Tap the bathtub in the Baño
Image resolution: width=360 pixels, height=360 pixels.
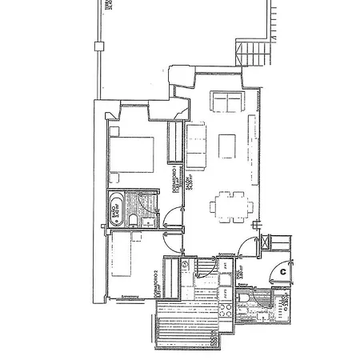point(118,209)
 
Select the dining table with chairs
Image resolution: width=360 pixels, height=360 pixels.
point(228,206)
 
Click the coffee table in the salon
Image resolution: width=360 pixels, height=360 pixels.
point(227,144)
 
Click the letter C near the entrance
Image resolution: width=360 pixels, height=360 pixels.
point(282,273)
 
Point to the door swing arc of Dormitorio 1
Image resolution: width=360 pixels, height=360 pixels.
point(170,216)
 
